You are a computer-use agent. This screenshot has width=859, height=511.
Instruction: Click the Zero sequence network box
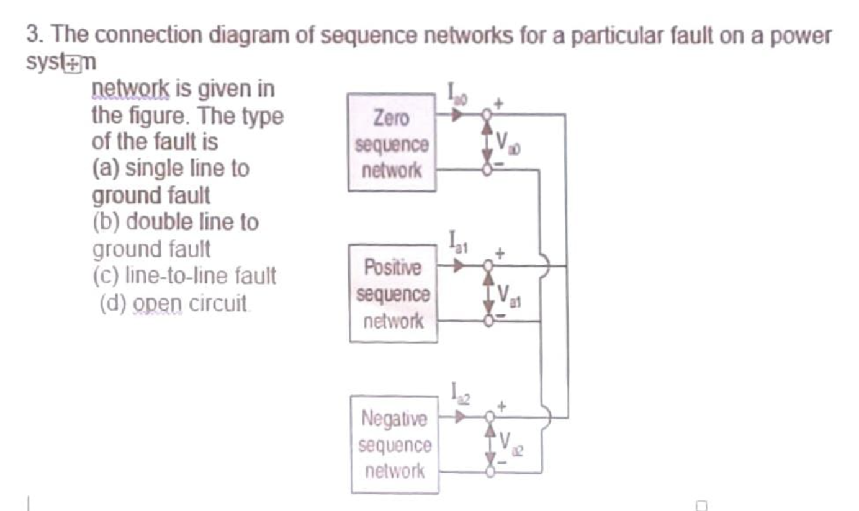click(391, 143)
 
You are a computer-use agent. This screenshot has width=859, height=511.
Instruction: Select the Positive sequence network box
click(393, 294)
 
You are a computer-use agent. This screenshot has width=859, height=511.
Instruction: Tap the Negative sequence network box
click(394, 445)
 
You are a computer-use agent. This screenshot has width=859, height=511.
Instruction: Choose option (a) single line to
click(171, 169)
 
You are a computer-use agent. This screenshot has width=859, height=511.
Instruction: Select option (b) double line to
click(175, 222)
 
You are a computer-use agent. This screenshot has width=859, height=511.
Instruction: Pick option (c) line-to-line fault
click(184, 276)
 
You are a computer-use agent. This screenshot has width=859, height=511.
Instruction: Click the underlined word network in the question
click(128, 90)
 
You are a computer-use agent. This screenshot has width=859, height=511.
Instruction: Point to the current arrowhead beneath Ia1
click(458, 266)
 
